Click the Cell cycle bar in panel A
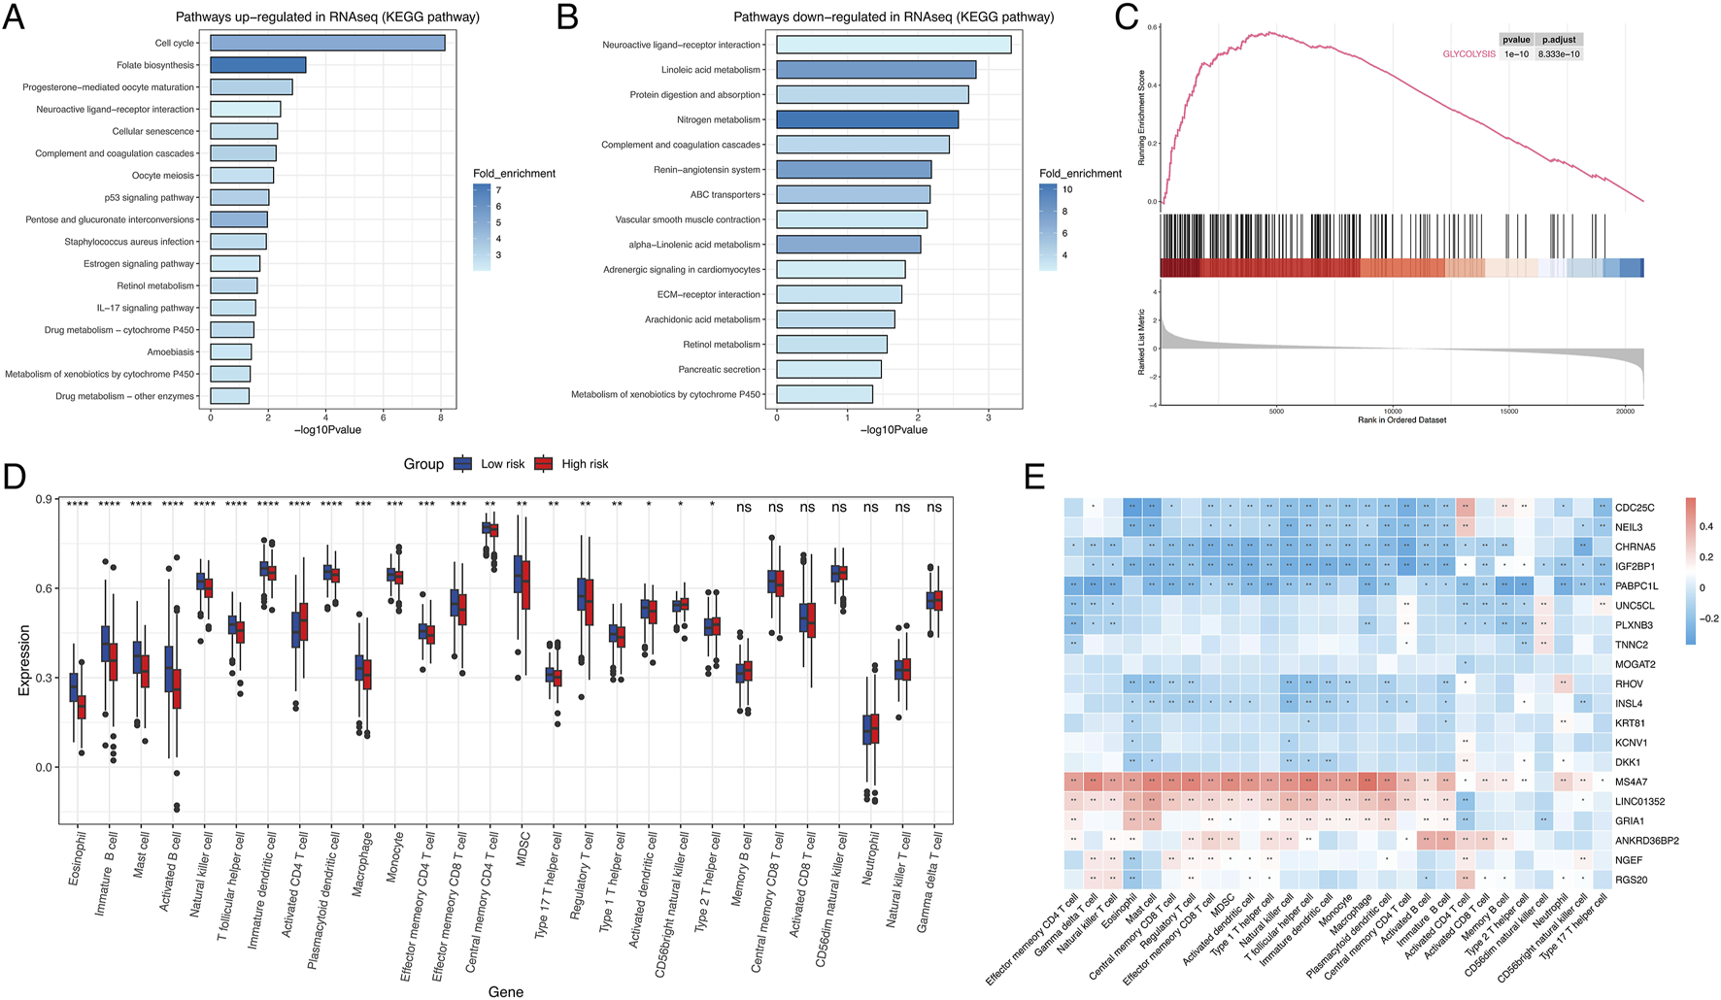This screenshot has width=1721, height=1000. click(x=327, y=43)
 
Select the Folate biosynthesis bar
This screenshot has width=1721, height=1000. click(x=258, y=65)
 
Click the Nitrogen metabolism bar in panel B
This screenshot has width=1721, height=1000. click(x=867, y=119)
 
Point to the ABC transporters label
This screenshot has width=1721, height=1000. click(x=726, y=194)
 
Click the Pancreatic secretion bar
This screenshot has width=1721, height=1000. click(x=828, y=369)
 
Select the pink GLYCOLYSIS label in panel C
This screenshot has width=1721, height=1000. click(x=1468, y=54)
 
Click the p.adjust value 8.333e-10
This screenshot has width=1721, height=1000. click(x=1559, y=54)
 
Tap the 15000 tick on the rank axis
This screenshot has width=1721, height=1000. click(x=1508, y=411)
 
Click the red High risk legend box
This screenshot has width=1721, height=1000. click(x=544, y=464)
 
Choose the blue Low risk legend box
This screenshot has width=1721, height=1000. click(x=463, y=464)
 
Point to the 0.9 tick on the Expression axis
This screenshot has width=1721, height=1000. click(x=44, y=499)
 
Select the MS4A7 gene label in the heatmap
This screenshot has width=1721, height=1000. click(x=1632, y=782)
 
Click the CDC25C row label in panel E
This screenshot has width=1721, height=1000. click(x=1635, y=508)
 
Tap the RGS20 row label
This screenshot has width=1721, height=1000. click(x=1632, y=880)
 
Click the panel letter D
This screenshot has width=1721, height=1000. click(x=15, y=477)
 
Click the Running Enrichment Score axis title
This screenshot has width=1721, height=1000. click(x=1141, y=117)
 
